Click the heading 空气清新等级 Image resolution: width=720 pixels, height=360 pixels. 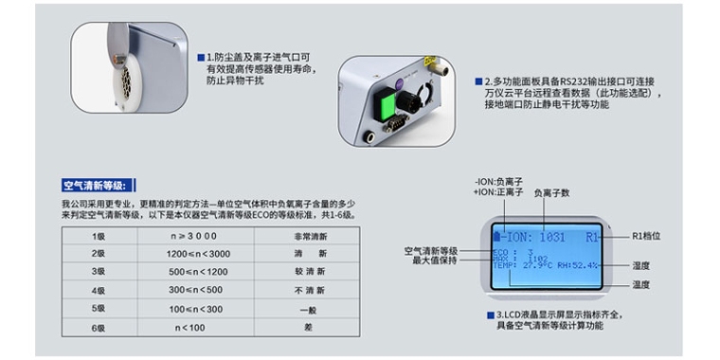[99, 185]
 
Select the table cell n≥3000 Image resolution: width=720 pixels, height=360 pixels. [193, 236]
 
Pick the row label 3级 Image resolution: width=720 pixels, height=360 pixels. [98, 272]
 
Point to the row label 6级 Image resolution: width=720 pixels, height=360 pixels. [98, 327]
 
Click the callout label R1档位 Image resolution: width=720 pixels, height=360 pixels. [646, 235]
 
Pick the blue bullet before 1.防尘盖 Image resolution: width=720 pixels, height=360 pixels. [200, 58]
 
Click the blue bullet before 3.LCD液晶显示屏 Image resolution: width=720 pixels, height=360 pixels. [491, 313]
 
